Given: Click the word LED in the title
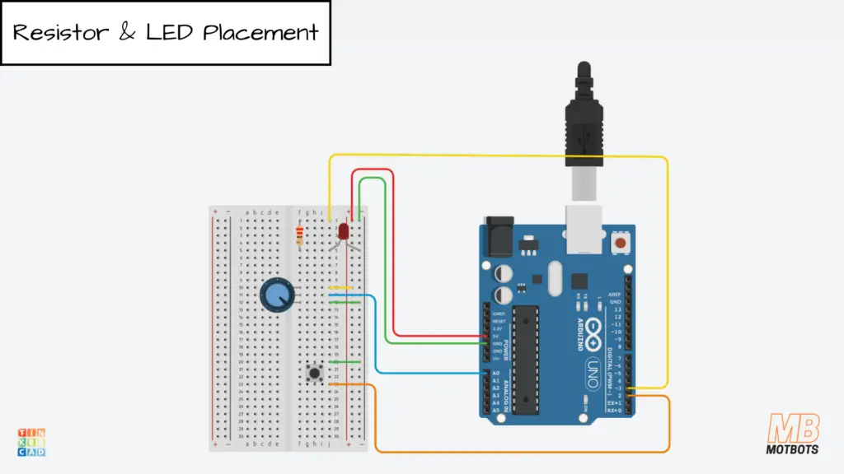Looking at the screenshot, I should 170,33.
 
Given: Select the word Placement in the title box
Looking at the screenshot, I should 260,34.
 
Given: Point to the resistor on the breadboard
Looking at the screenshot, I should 298,237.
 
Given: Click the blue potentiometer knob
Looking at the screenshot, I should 275,295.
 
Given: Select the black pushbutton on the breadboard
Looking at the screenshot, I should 314,374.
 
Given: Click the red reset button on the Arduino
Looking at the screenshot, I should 621,244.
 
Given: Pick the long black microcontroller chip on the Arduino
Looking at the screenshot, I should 526,360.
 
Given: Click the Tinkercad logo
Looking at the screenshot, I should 31,442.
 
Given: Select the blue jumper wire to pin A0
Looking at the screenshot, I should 377,337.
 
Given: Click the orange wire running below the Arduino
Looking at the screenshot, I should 519,452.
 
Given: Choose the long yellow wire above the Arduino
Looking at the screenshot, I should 495,156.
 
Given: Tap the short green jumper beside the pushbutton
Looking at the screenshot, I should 345,361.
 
